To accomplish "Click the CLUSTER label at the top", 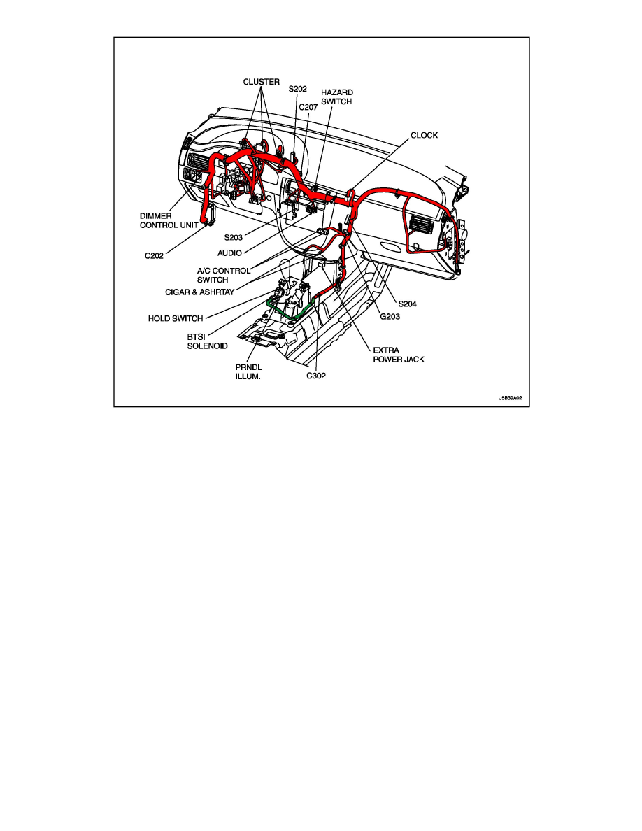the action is pos(262,82).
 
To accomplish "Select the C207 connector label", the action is pos(308,107).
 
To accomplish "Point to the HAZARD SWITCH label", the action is pos(337,97).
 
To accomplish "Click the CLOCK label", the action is pos(424,135).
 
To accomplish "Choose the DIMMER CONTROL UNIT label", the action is pos(169,221).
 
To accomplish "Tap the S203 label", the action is pos(234,237).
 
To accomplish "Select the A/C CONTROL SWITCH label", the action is pos(223,275).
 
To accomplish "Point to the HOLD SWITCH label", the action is pos(176,318).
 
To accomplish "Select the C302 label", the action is pos(315,375).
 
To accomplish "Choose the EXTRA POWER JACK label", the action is pos(398,354).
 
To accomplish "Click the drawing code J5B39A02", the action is pos(510,397).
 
